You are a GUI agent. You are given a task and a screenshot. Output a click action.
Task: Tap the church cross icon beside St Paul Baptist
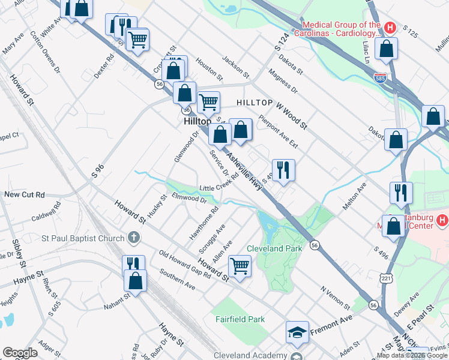133,238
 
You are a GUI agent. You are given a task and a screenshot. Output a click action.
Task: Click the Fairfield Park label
240,320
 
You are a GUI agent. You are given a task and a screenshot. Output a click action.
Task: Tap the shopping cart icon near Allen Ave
240,265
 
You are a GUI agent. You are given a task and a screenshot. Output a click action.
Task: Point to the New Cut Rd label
25,195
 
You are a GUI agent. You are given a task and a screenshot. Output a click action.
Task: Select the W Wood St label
291,116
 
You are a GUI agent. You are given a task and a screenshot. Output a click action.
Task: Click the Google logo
20,353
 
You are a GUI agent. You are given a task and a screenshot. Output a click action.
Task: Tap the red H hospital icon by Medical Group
390,28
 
